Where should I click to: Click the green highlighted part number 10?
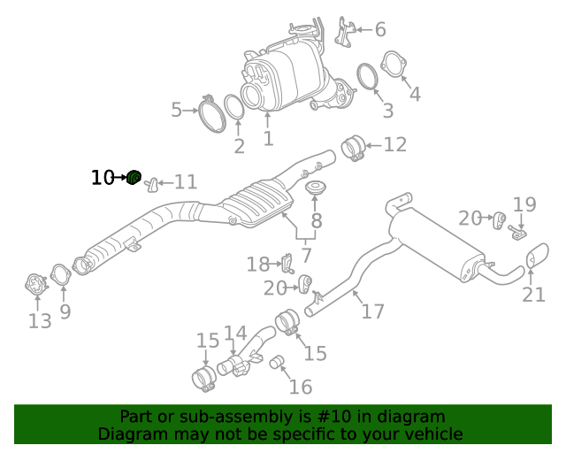(134, 177)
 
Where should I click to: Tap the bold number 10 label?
(103, 178)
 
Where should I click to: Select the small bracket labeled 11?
(151, 183)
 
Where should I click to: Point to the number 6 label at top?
(380, 30)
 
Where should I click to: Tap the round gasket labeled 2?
(234, 108)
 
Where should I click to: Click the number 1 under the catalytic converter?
(268, 139)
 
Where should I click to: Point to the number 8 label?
(316, 221)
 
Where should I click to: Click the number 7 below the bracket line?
(307, 257)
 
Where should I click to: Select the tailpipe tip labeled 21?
(537, 259)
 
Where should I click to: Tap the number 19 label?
(524, 205)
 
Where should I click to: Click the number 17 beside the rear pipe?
(372, 311)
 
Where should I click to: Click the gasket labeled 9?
(59, 276)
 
